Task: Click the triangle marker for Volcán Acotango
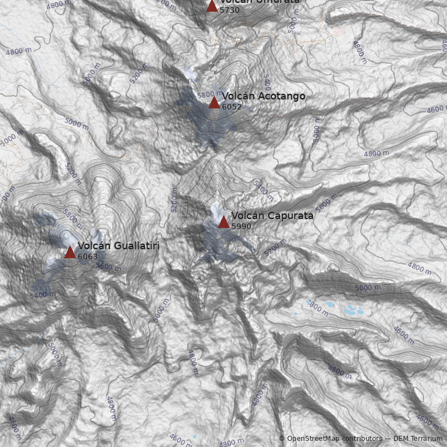(214, 102)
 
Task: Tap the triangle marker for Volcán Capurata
(223, 222)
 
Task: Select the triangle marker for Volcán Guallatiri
(70, 252)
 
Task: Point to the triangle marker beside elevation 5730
(212, 6)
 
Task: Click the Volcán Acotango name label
(264, 96)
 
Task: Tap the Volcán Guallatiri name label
(118, 246)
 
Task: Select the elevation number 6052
(232, 107)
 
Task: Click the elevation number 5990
(241, 226)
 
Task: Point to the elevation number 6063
(88, 256)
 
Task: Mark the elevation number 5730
(230, 10)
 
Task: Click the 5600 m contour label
(108, 267)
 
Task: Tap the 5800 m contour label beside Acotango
(210, 94)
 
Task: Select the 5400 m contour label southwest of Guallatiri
(42, 294)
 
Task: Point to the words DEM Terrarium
(418, 439)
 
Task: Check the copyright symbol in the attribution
(282, 439)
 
